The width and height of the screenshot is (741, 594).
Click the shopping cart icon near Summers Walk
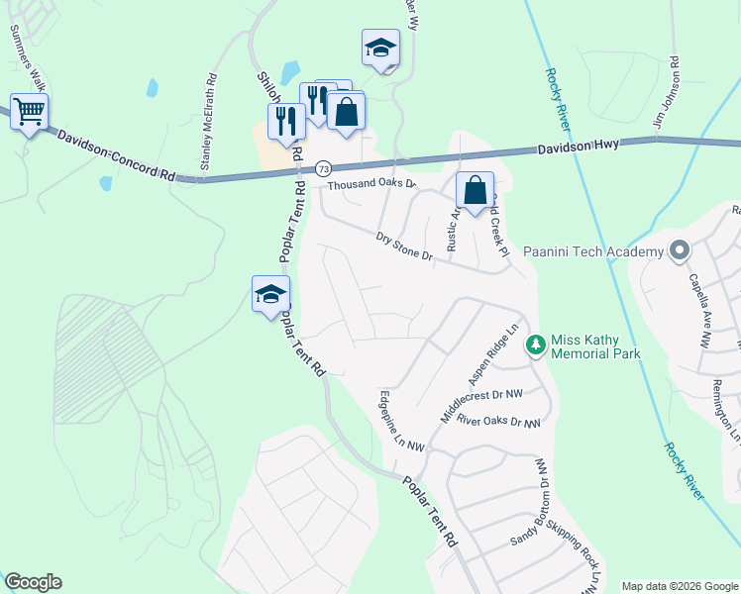pos(30,112)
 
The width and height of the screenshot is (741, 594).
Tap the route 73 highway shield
pos(324,169)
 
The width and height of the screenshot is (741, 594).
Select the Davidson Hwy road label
pos(579,146)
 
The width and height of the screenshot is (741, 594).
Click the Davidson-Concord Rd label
pos(116,156)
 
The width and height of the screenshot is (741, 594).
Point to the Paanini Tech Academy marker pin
pos(679,251)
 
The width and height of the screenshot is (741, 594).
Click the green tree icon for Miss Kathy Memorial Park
pos(536,345)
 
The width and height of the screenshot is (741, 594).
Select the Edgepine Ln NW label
pos(401,421)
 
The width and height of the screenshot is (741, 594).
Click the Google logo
pos(33,582)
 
